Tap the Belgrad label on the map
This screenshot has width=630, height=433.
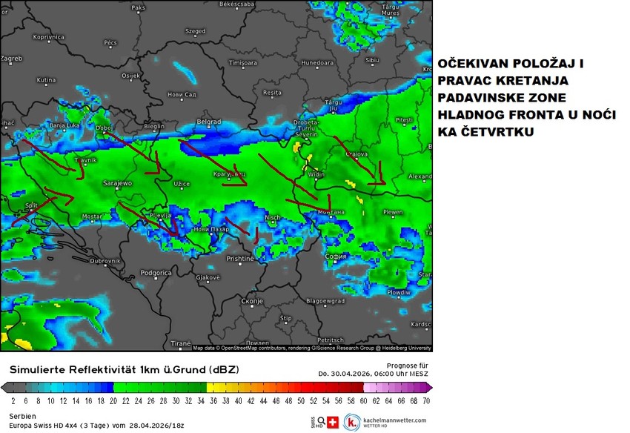coord(208,122)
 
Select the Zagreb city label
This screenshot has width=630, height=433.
coord(12,58)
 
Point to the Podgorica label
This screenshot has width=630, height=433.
coord(156,273)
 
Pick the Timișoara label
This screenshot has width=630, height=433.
coord(242,63)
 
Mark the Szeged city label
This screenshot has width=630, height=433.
coord(196,31)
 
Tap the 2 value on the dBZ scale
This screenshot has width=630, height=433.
coord(13,400)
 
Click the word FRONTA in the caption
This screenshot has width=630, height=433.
coord(521,115)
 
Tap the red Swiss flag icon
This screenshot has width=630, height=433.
coord(332,422)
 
